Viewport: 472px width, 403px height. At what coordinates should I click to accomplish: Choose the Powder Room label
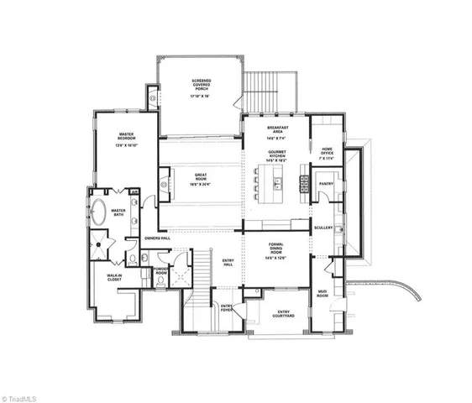point(161,271)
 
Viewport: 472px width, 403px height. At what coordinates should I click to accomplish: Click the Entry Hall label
point(227,262)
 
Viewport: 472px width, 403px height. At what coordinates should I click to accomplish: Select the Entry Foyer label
point(225,306)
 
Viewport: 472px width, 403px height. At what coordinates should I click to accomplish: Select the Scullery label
point(323,228)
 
